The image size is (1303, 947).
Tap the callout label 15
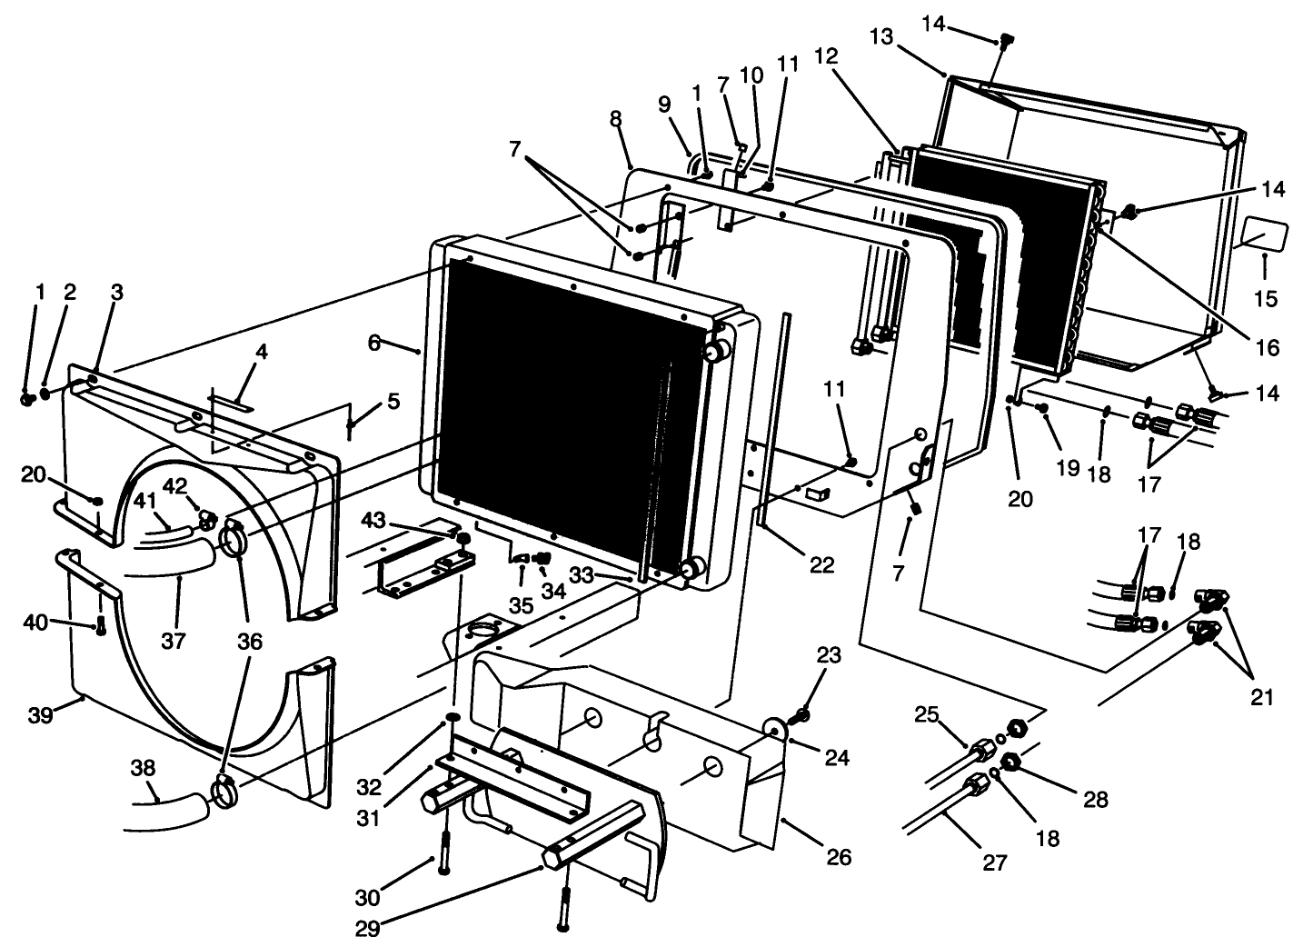tap(1265, 297)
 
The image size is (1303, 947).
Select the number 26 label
tap(838, 856)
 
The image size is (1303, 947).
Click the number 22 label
tap(821, 564)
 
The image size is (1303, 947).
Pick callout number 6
tap(373, 342)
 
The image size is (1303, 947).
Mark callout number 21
tap(1260, 697)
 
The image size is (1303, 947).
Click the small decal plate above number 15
tap(1262, 235)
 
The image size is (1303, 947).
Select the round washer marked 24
tap(775, 731)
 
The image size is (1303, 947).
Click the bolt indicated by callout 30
tap(444, 853)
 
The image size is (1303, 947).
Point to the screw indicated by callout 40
tap(100, 625)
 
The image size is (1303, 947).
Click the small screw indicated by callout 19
tap(1042, 409)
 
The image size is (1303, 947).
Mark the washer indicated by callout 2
tap(45, 394)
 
